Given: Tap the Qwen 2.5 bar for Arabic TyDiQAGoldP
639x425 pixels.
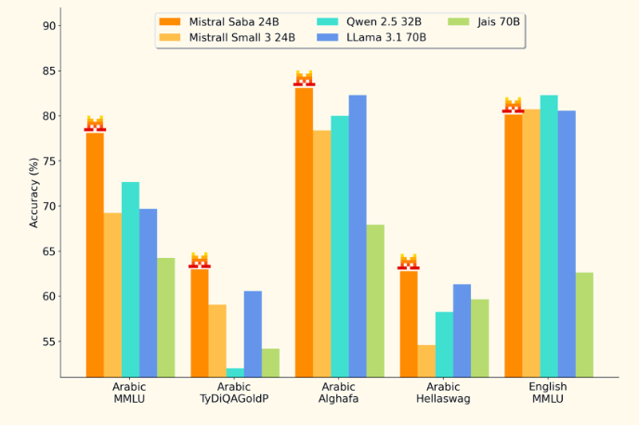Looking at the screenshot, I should coord(235,372).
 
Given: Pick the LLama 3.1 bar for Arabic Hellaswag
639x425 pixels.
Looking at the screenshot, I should coord(462,329).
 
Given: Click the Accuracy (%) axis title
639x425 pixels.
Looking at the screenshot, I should coord(34,192).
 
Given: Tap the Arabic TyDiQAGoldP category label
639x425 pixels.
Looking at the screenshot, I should coord(235,393).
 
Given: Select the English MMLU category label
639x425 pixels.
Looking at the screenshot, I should coord(548,393).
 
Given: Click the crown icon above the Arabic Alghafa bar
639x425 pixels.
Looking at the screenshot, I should coord(304,77).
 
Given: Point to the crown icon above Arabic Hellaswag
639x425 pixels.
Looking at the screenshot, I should coord(409,261).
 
